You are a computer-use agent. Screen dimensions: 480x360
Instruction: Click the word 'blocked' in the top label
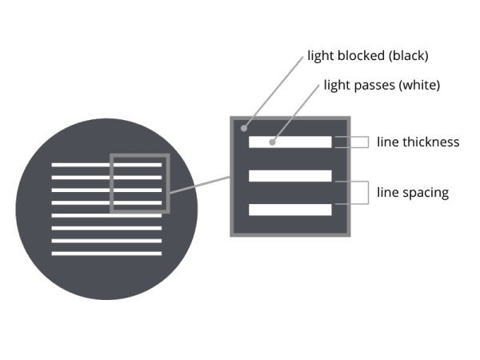pos(361,55)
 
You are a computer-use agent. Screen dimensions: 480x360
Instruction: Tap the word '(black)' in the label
pos(408,56)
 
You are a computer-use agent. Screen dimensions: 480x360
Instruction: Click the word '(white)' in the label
pos(419,85)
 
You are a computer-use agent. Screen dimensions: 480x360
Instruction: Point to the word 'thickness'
pos(431,142)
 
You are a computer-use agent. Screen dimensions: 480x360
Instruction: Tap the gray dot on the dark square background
pos(244,128)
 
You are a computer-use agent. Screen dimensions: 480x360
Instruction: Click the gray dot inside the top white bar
pos(272,142)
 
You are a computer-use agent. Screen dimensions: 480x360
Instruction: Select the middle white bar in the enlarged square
pos(290,176)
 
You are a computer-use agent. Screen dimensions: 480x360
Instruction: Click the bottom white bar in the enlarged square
pos(290,210)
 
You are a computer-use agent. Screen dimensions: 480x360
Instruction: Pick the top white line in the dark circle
pos(106,165)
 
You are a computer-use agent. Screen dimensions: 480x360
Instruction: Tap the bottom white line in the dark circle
pos(106,254)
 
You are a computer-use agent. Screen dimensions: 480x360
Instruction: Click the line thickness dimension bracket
pos(368,142)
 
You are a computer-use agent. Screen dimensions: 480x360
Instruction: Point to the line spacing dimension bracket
pos(368,193)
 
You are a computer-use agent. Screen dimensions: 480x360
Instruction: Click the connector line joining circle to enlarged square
pos(200,185)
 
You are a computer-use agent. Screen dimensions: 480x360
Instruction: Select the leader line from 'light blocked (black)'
pos(274,92)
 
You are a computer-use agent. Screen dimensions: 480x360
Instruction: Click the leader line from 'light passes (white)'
pos(296,114)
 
